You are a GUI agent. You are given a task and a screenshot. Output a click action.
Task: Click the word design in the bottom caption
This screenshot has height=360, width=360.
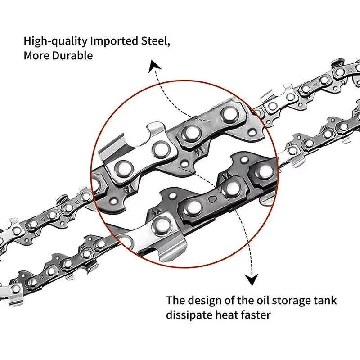[x=207, y=301]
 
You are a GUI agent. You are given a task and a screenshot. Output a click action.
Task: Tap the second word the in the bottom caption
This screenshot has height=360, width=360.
[x=247, y=300]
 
